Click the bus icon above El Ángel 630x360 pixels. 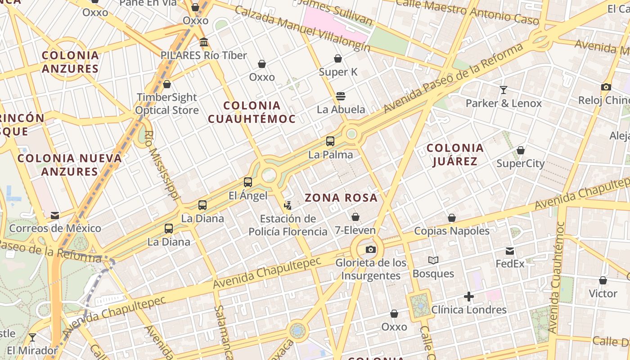click(248, 182)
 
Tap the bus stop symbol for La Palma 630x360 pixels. click(330, 141)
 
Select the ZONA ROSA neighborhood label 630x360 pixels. click(341, 198)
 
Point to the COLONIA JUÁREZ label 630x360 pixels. click(455, 154)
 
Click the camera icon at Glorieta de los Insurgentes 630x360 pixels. click(370, 249)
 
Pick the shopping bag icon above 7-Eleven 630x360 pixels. click(355, 217)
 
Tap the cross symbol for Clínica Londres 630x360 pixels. click(469, 297)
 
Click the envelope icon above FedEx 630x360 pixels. click(510, 251)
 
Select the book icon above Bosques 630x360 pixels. click(433, 260)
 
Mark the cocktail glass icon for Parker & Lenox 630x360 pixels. click(504, 90)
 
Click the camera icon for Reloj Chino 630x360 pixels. click(606, 87)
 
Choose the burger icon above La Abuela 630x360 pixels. click(341, 96)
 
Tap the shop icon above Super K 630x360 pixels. click(338, 58)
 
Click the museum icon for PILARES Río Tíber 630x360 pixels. click(204, 42)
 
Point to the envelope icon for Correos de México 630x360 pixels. click(55, 215)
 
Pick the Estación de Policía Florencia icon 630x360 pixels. click(288, 206)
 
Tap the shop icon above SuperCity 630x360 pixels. click(521, 150)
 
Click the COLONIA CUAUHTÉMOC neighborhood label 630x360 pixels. click(252, 112)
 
